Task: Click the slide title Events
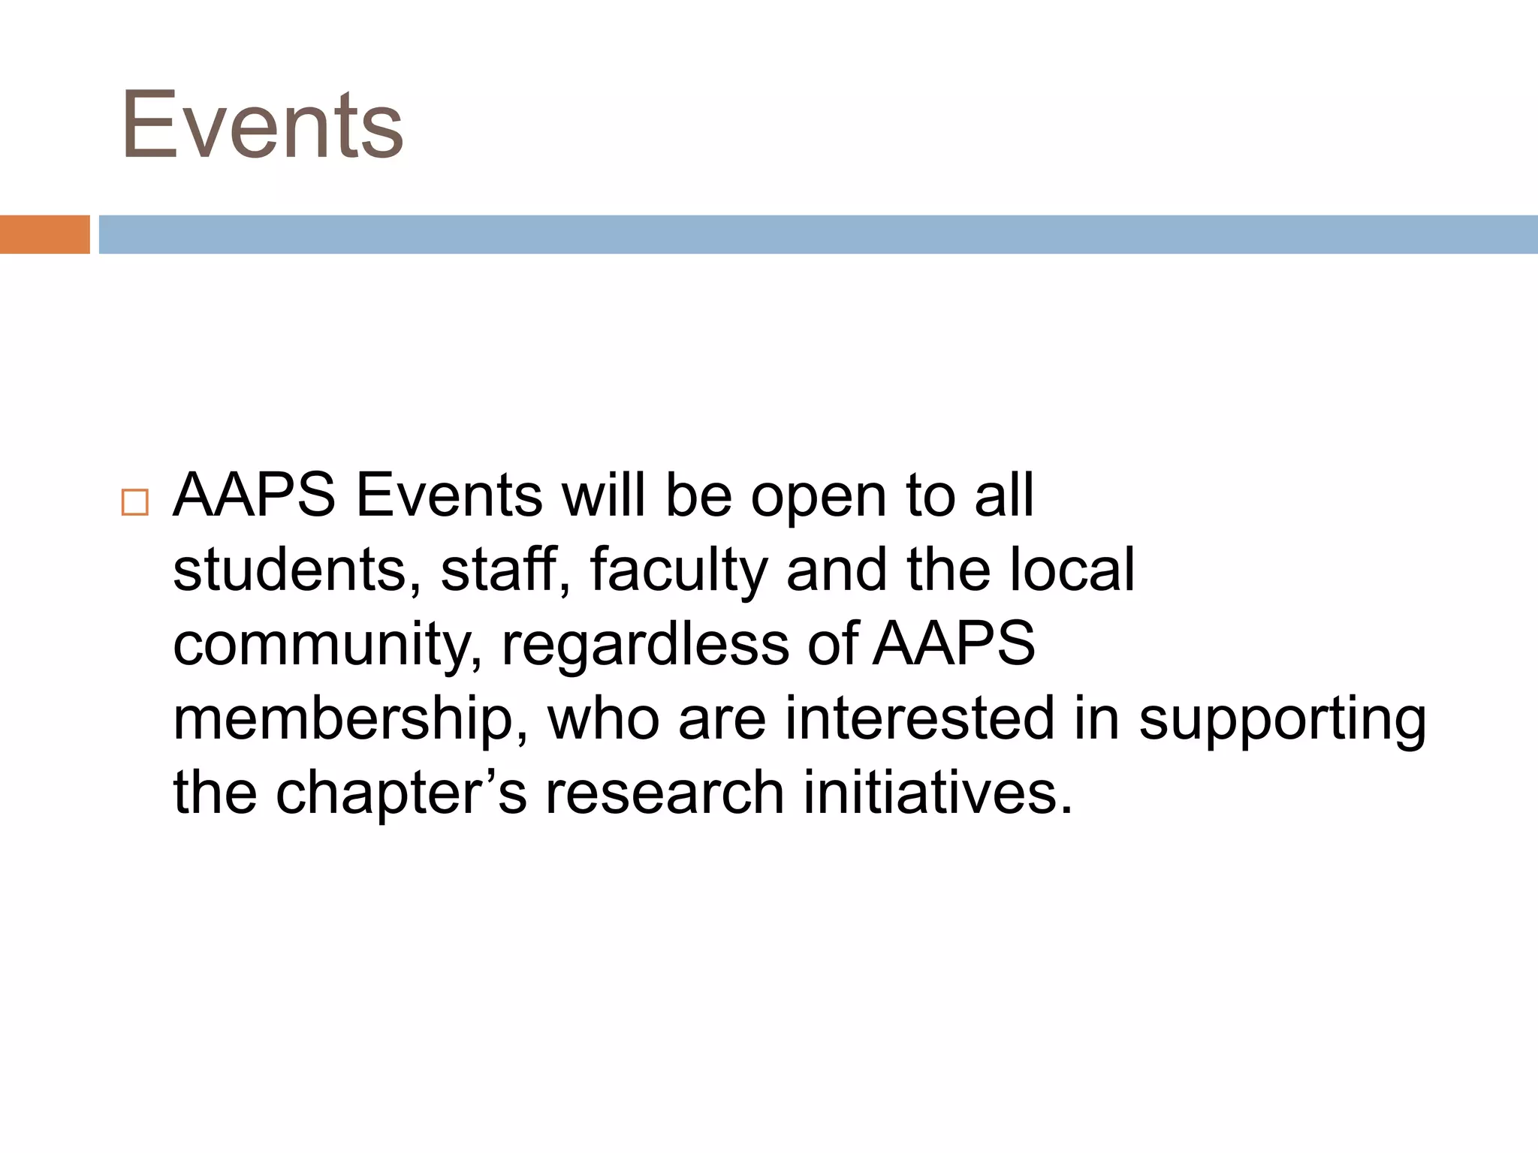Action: point(262,125)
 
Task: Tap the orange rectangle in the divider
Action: point(44,234)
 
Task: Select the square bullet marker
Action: point(134,501)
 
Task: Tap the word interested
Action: point(920,718)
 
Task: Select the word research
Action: point(664,793)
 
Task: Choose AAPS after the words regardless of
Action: point(954,644)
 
